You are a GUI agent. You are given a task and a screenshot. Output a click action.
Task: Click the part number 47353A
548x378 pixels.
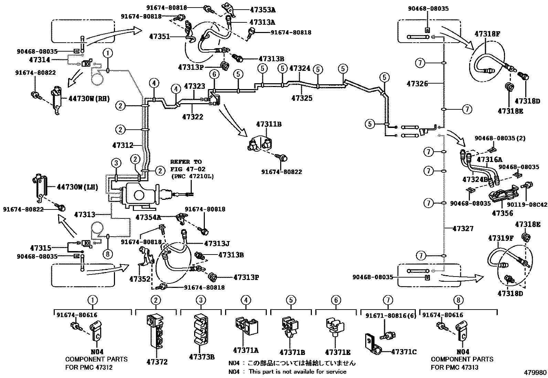263,10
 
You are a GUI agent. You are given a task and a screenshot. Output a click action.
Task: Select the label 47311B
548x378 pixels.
269,124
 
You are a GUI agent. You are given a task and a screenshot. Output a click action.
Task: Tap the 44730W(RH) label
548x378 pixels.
89,99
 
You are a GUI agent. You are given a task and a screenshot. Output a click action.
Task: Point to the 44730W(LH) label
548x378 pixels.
77,187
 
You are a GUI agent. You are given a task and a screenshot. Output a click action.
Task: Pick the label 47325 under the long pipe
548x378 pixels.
302,98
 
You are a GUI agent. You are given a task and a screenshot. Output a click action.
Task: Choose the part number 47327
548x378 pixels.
463,229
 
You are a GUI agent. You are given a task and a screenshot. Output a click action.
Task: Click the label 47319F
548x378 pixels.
501,238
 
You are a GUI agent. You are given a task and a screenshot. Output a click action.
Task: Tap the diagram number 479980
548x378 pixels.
535,372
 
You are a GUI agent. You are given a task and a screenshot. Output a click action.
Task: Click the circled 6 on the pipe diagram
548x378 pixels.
214,74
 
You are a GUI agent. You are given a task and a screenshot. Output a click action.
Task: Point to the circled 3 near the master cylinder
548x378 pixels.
116,163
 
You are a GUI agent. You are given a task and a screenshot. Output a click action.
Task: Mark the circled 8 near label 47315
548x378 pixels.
108,254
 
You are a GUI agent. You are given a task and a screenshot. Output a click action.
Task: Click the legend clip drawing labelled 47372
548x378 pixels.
156,331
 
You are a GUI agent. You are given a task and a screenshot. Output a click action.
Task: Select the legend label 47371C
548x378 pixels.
404,352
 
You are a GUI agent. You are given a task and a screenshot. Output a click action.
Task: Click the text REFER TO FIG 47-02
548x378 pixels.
188,165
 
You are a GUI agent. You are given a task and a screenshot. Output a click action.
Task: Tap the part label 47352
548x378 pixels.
140,279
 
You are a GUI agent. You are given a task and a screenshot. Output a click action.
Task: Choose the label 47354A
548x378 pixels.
148,217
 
